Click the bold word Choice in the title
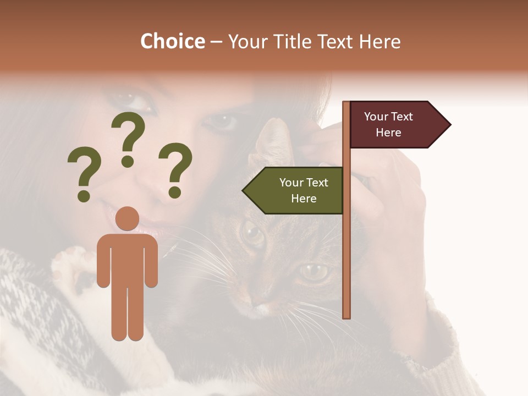pos(172,41)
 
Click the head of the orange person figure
pos(128,218)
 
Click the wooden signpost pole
pos(346,248)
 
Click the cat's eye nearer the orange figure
pos(253,233)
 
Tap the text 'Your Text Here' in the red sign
pos(388,124)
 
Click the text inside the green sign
pos(304,190)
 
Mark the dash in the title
pos(216,42)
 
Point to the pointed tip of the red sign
pos(449,125)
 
